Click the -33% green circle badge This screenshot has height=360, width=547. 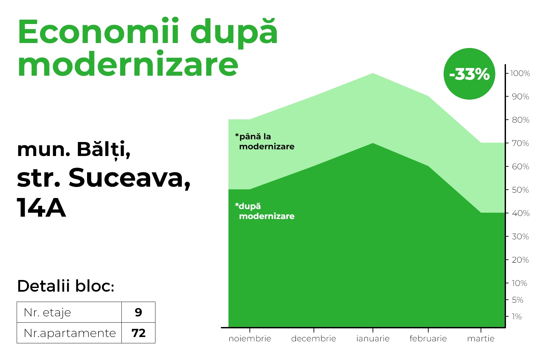coord(469,74)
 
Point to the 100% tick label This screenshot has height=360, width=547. coord(520,73)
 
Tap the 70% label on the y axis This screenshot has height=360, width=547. coord(520,143)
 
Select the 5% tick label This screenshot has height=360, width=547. coord(517,300)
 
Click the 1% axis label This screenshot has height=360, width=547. coord(516,317)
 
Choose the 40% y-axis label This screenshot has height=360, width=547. coord(521,213)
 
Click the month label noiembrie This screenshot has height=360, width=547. coord(250,339)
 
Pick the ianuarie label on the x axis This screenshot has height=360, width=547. coord(373,339)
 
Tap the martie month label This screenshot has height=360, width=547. coord(481,339)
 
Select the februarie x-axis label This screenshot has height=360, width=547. coord(428,339)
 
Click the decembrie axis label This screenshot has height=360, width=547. coord(314,339)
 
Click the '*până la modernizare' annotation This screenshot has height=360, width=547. coord(265,142)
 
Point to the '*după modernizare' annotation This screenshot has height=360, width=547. coord(265,211)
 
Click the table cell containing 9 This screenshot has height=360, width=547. coord(138,312)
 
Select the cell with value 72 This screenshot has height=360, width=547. coord(138,333)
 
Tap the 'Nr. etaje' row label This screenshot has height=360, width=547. coord(47,312)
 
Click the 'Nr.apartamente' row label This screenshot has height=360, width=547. coord(70,333)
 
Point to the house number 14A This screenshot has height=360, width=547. coord(41,208)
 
